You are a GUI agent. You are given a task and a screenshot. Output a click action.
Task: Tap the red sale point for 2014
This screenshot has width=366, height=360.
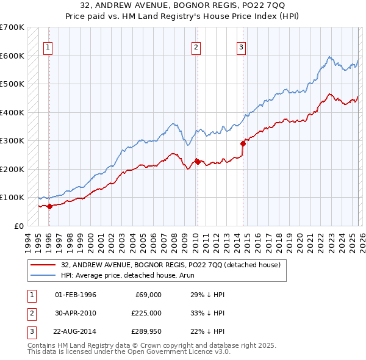click(x=243, y=143)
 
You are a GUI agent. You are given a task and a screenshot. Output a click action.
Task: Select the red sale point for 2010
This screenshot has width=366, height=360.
click(x=197, y=162)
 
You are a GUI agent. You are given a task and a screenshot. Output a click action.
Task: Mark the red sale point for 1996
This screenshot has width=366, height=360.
click(x=49, y=206)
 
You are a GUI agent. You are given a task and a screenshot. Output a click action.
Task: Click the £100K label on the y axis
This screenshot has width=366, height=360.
click(x=12, y=197)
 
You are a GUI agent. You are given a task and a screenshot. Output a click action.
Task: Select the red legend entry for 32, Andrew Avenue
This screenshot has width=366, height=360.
click(x=170, y=265)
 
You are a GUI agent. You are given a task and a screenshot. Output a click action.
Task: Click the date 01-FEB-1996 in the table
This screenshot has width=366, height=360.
click(x=76, y=295)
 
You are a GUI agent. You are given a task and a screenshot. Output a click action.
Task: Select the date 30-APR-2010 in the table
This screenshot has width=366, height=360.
click(x=76, y=312)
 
